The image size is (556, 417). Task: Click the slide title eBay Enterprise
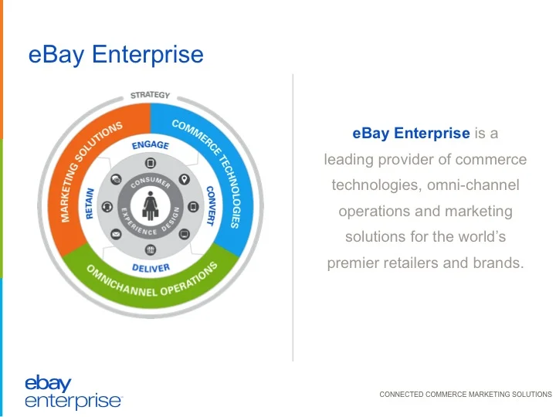116,55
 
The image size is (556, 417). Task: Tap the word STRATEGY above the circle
150,95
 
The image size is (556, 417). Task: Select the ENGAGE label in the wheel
150,144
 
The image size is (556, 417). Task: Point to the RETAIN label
90,205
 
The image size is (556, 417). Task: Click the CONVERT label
209,205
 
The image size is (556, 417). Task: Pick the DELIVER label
150,268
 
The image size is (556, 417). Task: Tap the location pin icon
184,179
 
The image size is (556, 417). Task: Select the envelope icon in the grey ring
117,233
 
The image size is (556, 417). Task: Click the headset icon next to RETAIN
107,207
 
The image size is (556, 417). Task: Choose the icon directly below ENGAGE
150,164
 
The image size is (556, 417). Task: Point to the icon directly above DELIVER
150,249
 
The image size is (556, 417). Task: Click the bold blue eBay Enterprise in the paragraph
411,134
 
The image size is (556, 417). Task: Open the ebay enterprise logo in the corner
73,392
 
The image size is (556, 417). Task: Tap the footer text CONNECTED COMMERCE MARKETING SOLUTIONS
466,394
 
